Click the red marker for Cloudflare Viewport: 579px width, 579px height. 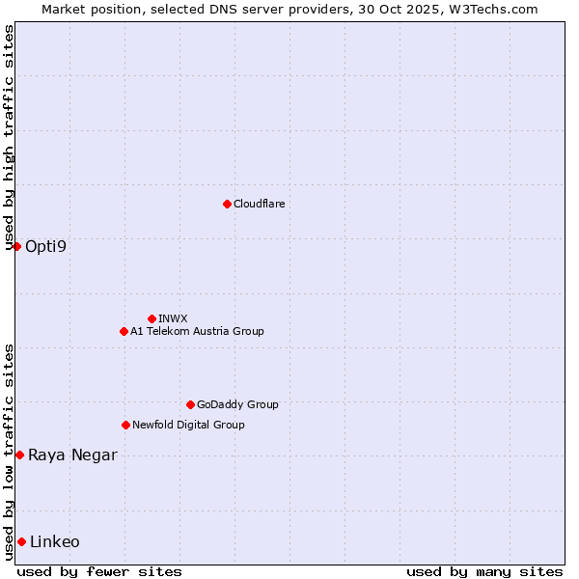pyautogui.click(x=227, y=204)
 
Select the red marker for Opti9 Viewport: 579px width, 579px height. pyautogui.click(x=16, y=246)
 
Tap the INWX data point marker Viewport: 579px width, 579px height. pyautogui.click(x=152, y=318)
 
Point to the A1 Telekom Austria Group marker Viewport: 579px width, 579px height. pyautogui.click(x=124, y=331)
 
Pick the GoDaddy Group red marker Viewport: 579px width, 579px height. pyautogui.click(x=190, y=404)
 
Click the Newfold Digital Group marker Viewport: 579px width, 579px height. pyautogui.click(x=125, y=425)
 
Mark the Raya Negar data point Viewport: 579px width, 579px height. pyautogui.click(x=19, y=455)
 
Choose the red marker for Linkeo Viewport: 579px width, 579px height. pyautogui.click(x=21, y=541)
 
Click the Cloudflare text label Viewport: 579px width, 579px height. pyautogui.click(x=259, y=204)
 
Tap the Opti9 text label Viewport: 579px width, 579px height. pyautogui.click(x=46, y=246)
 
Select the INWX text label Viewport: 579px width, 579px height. pyautogui.click(x=173, y=318)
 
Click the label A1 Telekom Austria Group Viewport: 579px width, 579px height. pyautogui.click(x=197, y=331)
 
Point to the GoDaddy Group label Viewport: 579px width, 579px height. pyautogui.click(x=237, y=404)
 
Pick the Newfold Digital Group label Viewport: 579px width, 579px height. pyautogui.click(x=188, y=425)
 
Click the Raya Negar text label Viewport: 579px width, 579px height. pyautogui.click(x=72, y=455)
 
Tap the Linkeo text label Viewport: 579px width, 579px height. pyautogui.click(x=55, y=541)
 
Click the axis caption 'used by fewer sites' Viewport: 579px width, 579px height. pyautogui.click(x=99, y=571)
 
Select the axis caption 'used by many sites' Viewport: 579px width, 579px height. pyautogui.click(x=484, y=571)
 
